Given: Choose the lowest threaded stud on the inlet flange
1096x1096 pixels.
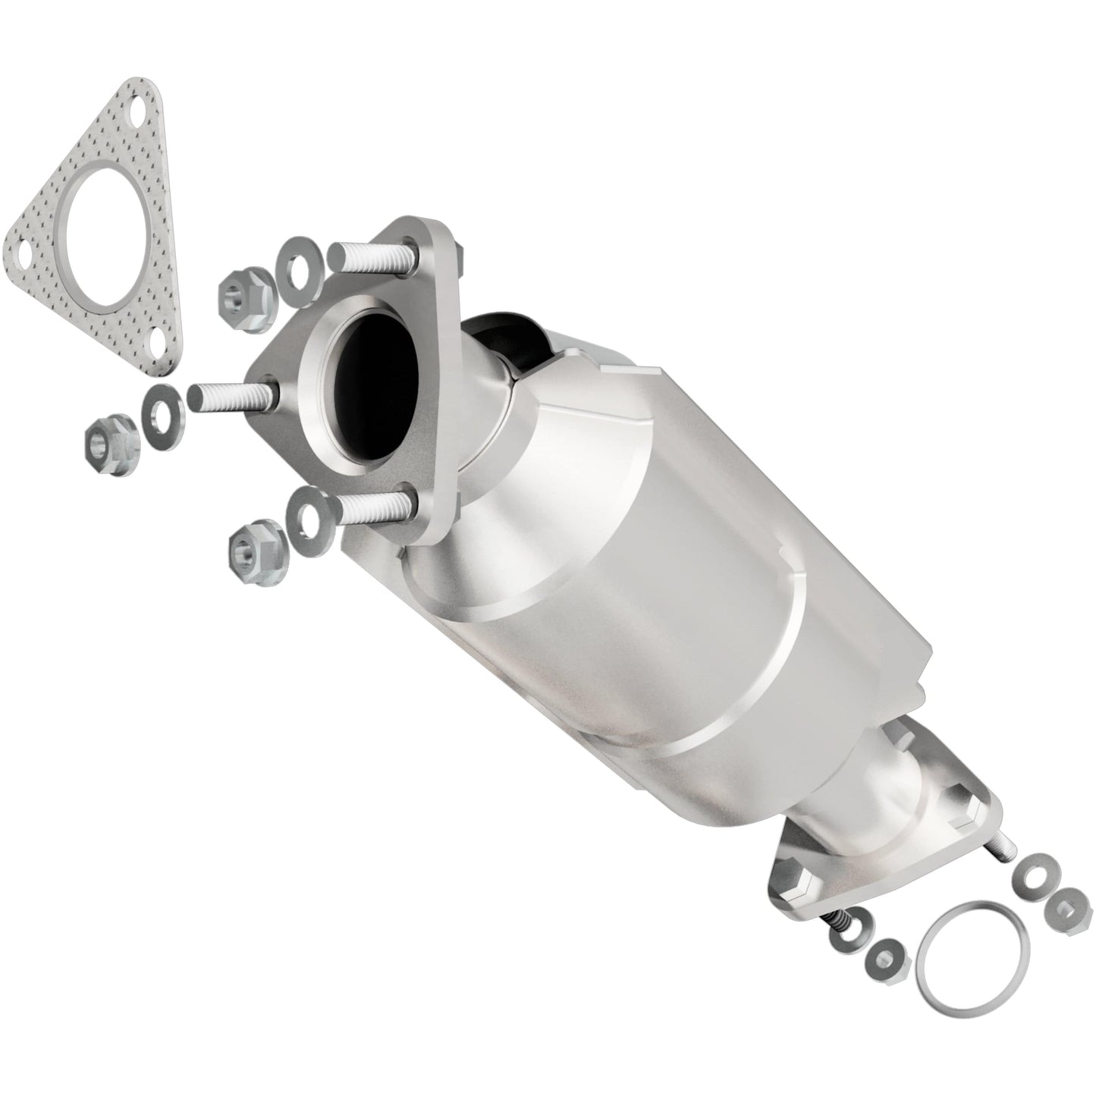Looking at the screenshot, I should tap(372, 507).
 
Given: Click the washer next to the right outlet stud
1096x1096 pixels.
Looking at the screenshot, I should tap(1034, 873).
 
